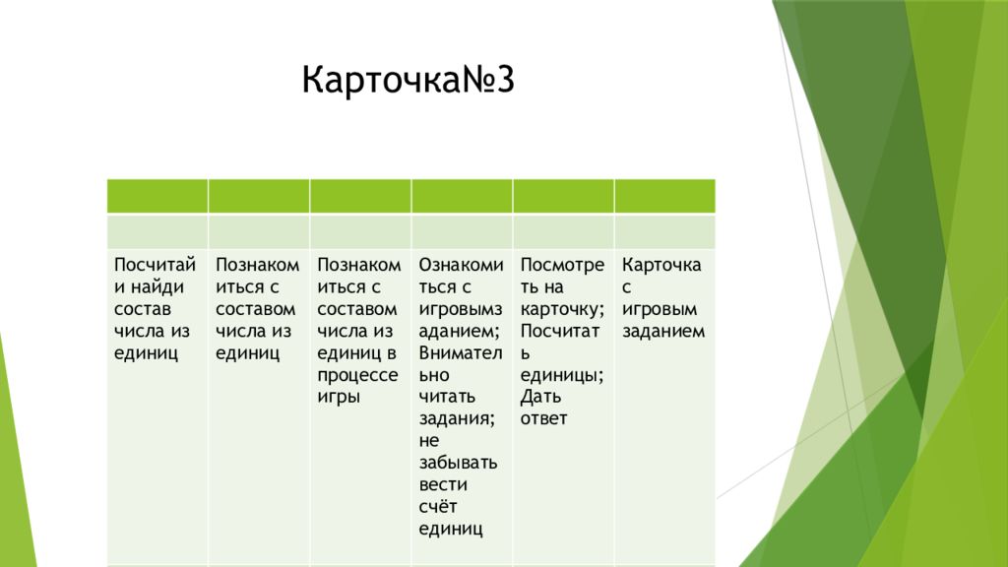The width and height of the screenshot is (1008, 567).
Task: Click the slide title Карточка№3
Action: (x=409, y=80)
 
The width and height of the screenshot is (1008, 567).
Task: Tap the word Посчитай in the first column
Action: (x=155, y=265)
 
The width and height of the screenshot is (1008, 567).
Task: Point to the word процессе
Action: (x=357, y=375)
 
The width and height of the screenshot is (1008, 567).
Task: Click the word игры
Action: (x=339, y=398)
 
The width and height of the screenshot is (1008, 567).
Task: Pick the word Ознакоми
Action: (x=461, y=265)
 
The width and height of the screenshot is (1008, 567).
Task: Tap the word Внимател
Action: (x=461, y=353)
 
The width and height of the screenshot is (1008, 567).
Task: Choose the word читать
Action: (x=448, y=398)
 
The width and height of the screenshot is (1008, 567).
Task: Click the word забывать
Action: (x=459, y=463)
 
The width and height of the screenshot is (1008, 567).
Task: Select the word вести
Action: (x=443, y=485)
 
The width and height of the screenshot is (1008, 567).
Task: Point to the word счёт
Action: (x=438, y=507)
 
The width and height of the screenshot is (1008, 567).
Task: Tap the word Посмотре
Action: (x=562, y=265)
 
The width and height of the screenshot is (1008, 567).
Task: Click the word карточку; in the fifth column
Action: (x=562, y=310)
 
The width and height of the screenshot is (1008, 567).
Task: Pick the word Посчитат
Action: (x=560, y=332)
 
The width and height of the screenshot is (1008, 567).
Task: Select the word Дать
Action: (x=540, y=397)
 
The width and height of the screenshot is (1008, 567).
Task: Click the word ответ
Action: (x=543, y=419)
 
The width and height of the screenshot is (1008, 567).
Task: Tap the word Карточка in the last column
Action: (x=661, y=265)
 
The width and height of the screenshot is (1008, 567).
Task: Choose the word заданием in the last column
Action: (x=663, y=332)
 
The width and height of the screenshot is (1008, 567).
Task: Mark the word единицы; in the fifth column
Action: (x=562, y=376)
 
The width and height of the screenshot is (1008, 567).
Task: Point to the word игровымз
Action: (x=461, y=310)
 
